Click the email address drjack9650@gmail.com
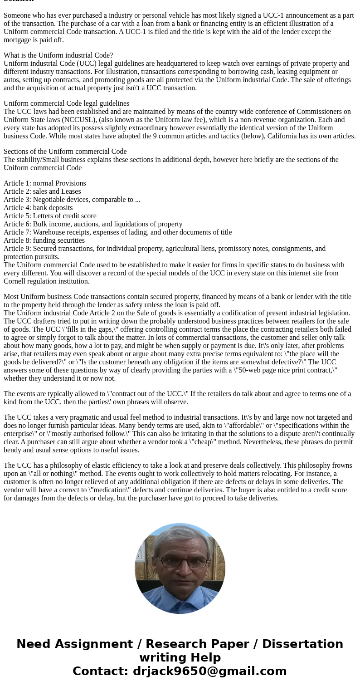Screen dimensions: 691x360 click(209, 671)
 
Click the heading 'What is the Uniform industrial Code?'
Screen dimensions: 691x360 click(58, 55)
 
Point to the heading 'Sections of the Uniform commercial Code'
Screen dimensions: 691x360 click(65, 152)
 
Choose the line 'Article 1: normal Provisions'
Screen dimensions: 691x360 click(44, 183)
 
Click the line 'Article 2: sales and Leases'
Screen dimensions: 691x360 click(42, 191)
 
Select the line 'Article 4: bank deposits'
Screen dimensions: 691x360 click(38, 208)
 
